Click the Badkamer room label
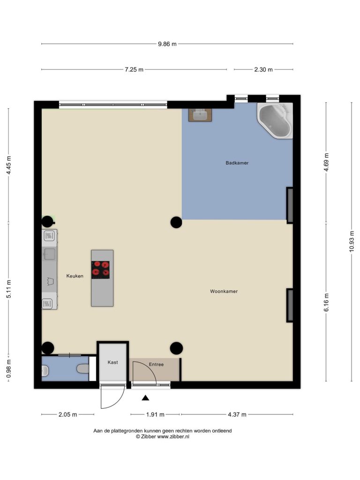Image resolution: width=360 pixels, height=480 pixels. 237,163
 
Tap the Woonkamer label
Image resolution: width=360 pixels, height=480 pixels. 224,292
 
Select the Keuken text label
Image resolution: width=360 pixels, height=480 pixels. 75,276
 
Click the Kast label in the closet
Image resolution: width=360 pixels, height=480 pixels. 112,362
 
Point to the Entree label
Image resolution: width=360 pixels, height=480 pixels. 156,364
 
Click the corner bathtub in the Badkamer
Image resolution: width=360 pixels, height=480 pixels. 275,120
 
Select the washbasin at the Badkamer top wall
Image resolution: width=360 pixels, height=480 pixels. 200,115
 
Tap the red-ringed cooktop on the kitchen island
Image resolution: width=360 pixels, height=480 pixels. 100,270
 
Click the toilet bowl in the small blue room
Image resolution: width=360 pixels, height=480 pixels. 82,368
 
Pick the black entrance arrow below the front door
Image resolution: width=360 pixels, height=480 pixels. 145,398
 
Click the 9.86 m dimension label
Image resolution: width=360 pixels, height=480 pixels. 167,44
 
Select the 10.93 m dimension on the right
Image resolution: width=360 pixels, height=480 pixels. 352,241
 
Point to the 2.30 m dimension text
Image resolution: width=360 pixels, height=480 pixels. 263,69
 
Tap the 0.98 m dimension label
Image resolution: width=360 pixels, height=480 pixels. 8,368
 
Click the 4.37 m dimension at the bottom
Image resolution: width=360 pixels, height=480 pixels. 237,414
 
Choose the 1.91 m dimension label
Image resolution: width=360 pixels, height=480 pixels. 155,414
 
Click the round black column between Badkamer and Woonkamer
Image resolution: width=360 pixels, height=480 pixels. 176,222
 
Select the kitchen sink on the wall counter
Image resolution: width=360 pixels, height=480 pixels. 49,254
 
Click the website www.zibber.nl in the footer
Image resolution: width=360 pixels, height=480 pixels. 173,436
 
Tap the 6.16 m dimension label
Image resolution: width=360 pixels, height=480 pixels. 326,302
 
